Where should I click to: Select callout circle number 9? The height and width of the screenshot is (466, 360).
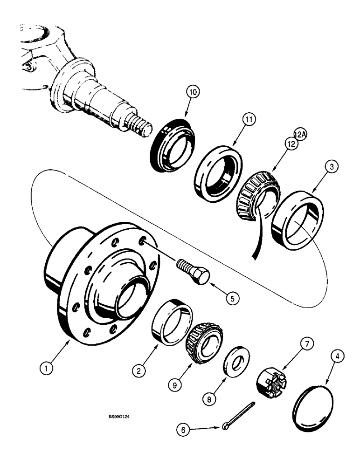[x=174, y=386]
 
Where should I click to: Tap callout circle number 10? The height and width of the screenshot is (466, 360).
[x=193, y=92]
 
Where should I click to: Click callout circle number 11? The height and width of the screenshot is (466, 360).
[x=250, y=120]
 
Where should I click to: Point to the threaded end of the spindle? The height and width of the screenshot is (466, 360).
[x=141, y=126]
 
